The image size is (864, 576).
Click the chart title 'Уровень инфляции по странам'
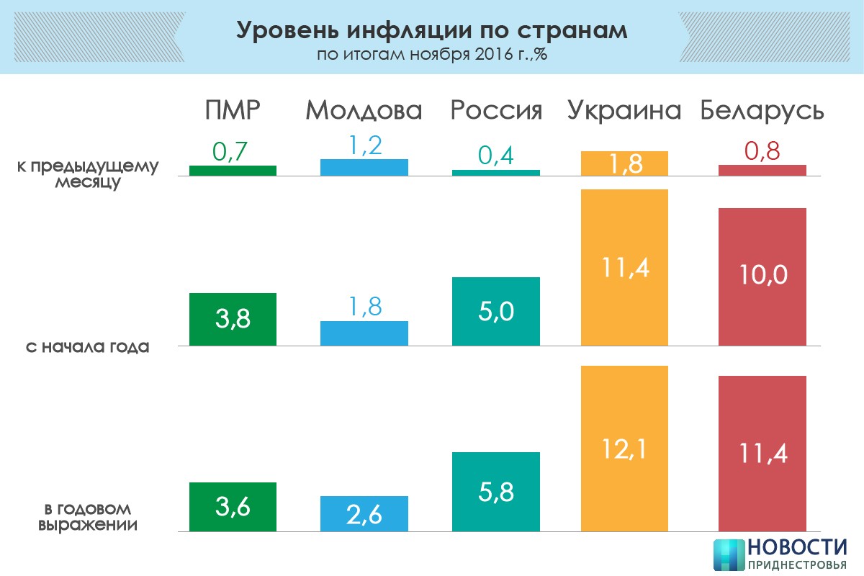click(x=431, y=31)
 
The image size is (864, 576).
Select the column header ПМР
click(x=232, y=111)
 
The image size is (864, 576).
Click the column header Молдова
click(x=364, y=111)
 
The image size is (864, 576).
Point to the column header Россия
click(x=495, y=111)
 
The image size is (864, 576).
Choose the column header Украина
click(x=624, y=111)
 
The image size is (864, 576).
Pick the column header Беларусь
click(x=762, y=111)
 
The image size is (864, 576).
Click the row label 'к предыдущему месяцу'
click(x=88, y=174)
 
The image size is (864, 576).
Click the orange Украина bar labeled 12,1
click(x=624, y=449)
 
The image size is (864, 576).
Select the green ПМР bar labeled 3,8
click(x=233, y=320)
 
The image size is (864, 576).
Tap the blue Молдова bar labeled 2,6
click(x=364, y=514)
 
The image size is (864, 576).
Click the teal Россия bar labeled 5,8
click(x=495, y=492)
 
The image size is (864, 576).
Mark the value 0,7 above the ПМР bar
click(x=233, y=152)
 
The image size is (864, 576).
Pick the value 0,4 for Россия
click(x=495, y=156)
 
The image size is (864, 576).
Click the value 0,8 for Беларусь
click(x=762, y=152)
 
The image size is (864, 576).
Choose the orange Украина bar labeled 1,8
click(x=624, y=163)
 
